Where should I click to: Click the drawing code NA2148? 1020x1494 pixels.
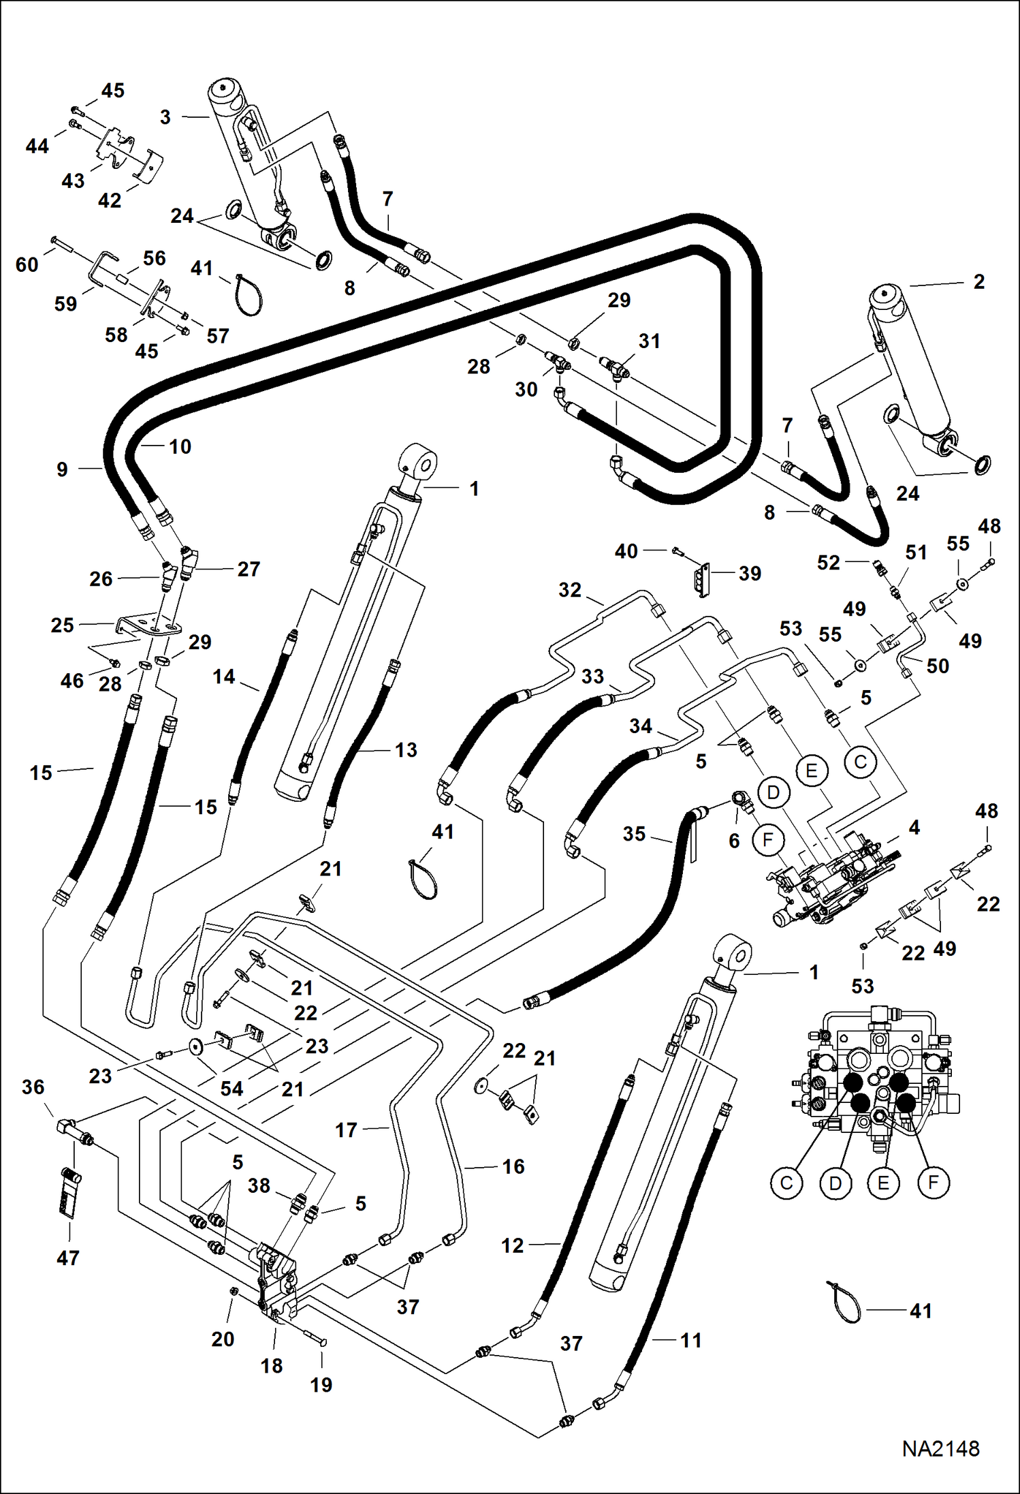940,1448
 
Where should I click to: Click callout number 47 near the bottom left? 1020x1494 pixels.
68,1258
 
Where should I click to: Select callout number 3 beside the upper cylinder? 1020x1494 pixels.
165,117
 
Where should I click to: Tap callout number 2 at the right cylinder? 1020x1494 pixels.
978,281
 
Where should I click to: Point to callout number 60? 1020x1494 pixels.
27,264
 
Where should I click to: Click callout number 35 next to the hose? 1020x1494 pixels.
634,833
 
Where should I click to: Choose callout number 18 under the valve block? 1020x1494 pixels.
271,1365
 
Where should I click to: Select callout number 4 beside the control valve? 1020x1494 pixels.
914,827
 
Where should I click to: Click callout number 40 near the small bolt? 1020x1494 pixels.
626,550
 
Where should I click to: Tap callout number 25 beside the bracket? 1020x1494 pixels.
63,625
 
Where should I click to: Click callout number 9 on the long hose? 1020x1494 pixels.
62,469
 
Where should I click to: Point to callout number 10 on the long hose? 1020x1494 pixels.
180,447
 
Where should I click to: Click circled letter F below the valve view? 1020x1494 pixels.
933,1183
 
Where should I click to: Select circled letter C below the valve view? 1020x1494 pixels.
786,1183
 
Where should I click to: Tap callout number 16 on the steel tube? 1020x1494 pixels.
513,1166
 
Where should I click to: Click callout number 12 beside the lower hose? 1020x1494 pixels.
513,1245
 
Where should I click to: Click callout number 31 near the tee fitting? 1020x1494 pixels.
649,341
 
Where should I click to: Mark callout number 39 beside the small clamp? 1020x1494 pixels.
750,573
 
